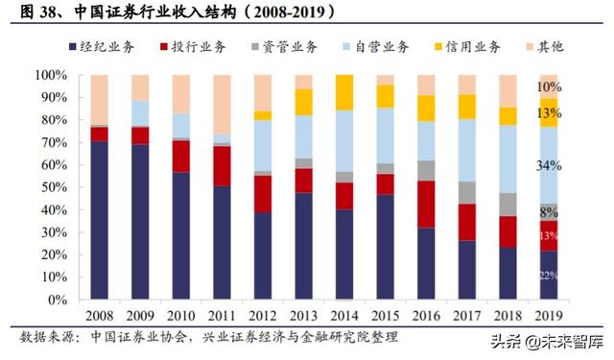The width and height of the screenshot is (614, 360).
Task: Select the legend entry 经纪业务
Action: [x=101, y=47]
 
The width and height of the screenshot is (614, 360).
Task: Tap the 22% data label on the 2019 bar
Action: [x=548, y=276]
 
